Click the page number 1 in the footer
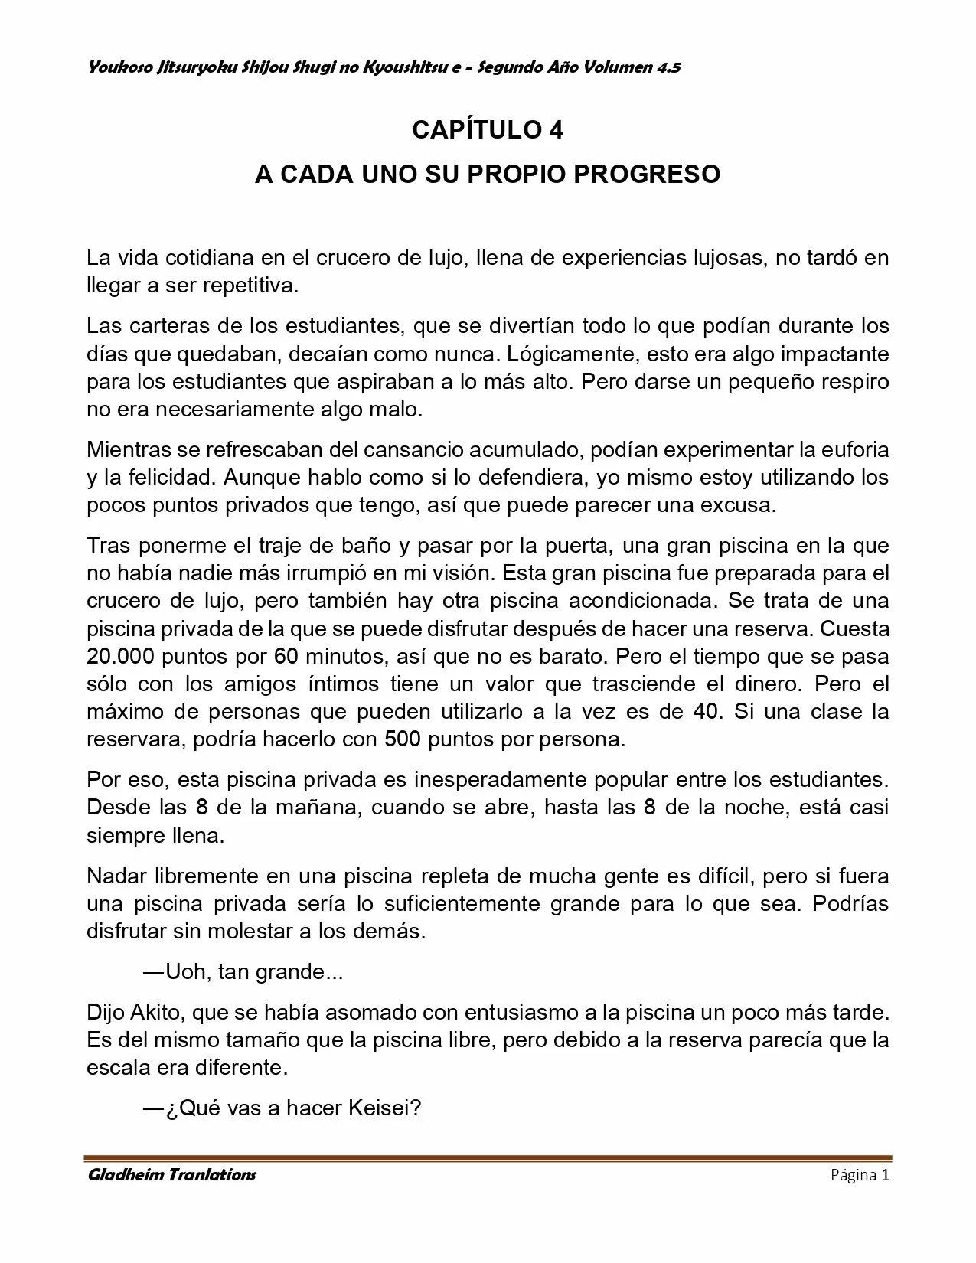coord(885,1175)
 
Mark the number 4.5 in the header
coord(669,68)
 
